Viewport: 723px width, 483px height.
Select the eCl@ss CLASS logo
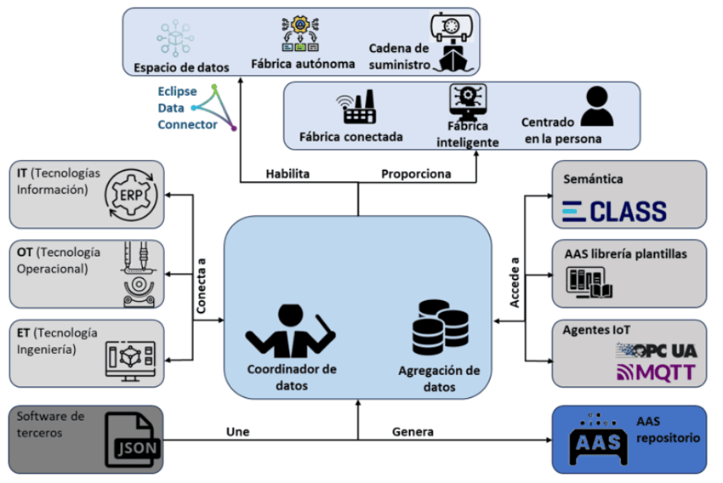pyautogui.click(x=615, y=211)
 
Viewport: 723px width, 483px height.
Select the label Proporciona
pyautogui.click(x=416, y=173)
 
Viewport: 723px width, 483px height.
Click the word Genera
pyautogui.click(x=413, y=431)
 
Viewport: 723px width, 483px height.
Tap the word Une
pyautogui.click(x=239, y=431)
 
